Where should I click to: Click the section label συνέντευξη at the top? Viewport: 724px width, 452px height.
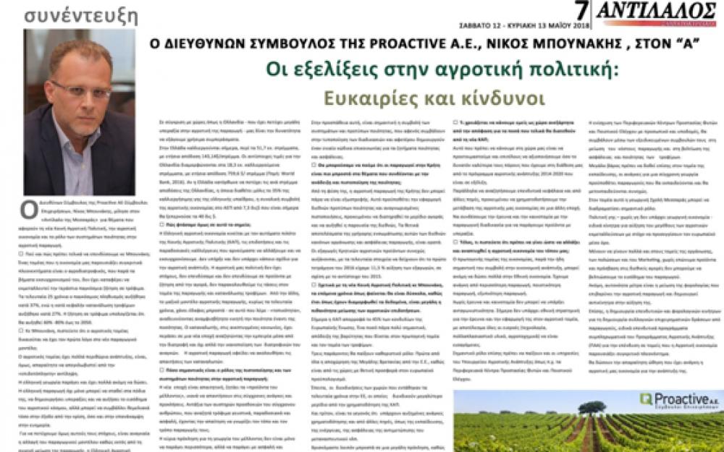(71, 14)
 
